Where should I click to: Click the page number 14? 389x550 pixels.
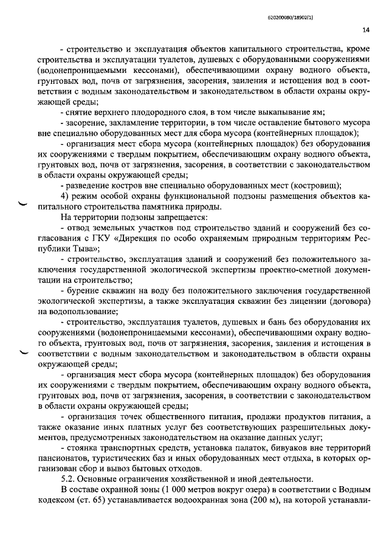point(366,29)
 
